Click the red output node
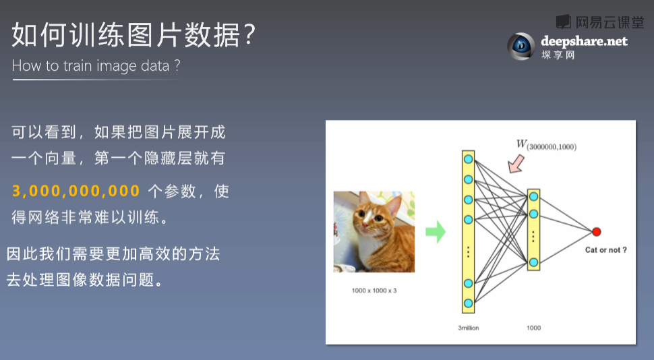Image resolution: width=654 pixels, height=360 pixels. point(597,231)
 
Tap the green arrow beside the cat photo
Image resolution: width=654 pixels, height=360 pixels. point(436,232)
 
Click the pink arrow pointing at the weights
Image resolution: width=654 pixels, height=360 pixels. point(516,163)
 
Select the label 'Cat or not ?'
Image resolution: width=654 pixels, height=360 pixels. point(605,250)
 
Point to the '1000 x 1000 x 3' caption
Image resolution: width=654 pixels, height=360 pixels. point(374,291)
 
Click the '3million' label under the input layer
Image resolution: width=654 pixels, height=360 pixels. point(469,328)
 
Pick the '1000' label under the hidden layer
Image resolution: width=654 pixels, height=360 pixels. point(534,328)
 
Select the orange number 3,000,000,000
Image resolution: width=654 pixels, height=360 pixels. point(76,191)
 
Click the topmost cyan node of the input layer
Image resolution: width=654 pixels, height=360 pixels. point(469,159)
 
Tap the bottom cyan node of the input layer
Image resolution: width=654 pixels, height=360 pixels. point(469,303)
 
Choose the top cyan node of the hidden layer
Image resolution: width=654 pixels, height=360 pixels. point(533,196)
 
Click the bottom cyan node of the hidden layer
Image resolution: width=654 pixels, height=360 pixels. point(533,262)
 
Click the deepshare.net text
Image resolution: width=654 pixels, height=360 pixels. point(584,41)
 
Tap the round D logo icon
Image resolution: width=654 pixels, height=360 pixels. point(521,46)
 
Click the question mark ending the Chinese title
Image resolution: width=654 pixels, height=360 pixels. point(249,34)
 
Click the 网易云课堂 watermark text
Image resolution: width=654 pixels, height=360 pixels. point(610,22)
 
